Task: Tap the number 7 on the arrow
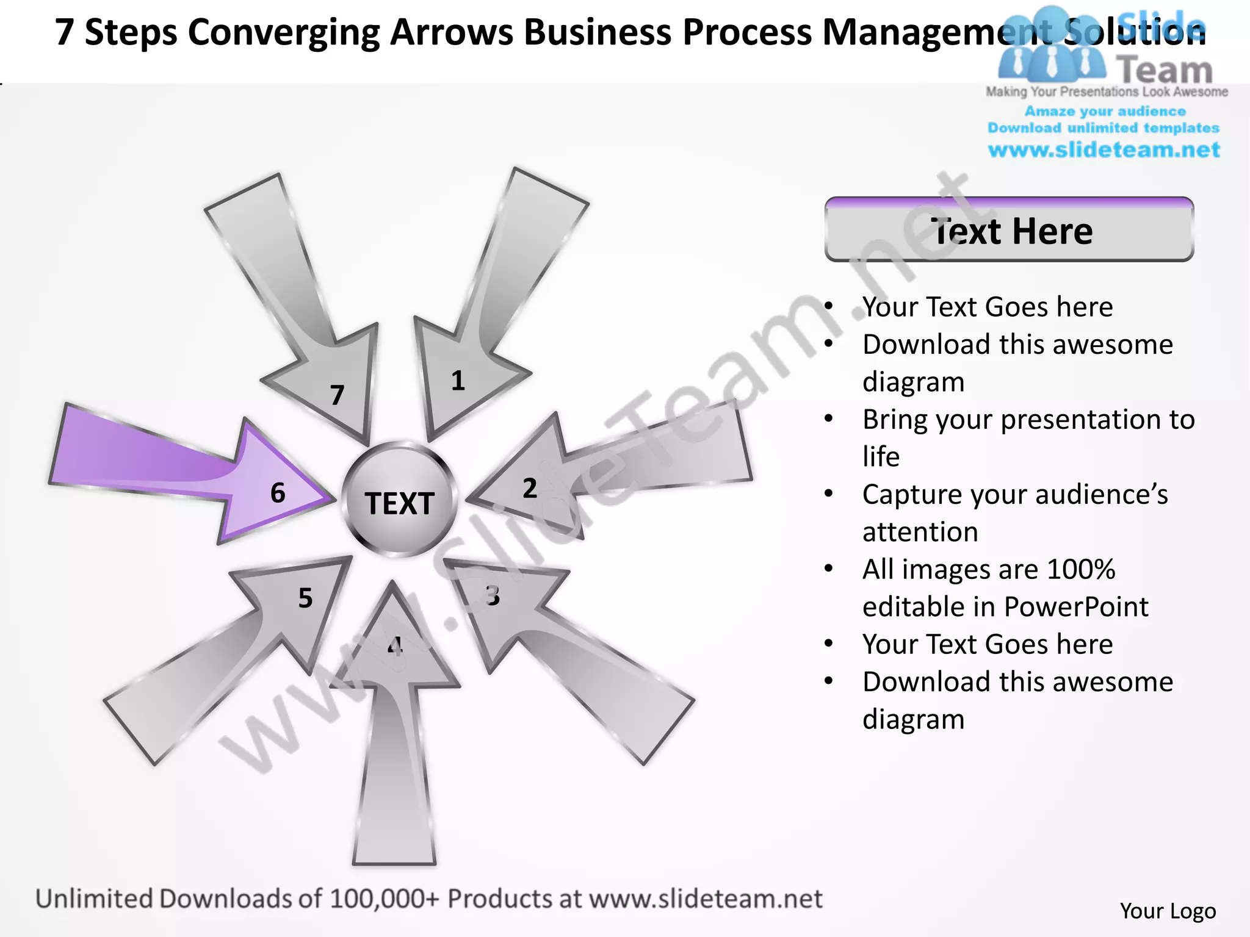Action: point(337,395)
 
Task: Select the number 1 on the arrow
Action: point(458,381)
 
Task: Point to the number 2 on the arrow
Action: point(530,489)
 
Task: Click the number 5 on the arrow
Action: point(305,598)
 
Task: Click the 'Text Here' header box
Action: point(1009,231)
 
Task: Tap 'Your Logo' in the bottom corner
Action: point(1168,911)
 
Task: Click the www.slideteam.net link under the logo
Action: point(1104,149)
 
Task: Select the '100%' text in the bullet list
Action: point(1080,570)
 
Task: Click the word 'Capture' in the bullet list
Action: point(912,495)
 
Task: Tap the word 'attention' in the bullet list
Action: point(920,532)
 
